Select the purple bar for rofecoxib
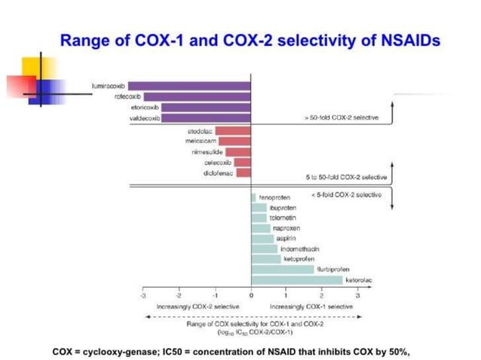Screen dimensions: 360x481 [x=198, y=96]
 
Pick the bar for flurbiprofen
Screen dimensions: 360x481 [x=283, y=269]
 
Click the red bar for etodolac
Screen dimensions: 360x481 [x=233, y=131]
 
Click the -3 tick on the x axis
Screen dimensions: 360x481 [x=142, y=295]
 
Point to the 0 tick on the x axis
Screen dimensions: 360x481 [x=251, y=295]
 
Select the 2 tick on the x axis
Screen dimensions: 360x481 [x=322, y=295]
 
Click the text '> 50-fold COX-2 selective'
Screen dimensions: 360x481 [x=342, y=118]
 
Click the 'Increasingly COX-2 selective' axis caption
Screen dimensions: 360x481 [x=198, y=307]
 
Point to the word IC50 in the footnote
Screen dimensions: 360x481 [x=182, y=350]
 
